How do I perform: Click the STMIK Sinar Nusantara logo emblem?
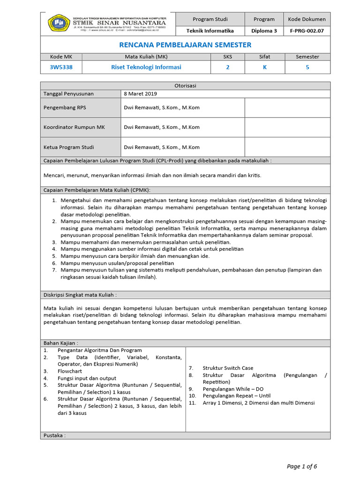click(59, 23)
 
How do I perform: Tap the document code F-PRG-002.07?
click(307, 31)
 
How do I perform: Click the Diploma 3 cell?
click(264, 31)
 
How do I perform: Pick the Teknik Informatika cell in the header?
click(210, 31)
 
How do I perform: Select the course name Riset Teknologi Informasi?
click(146, 67)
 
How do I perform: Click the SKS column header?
click(228, 57)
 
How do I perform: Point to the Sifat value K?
click(264, 67)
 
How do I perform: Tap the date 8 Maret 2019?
click(140, 94)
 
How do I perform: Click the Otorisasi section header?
click(185, 85)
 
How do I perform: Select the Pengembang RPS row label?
click(65, 107)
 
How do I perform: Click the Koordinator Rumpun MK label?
click(74, 127)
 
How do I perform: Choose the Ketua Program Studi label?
click(69, 147)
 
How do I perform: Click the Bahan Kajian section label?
click(61, 343)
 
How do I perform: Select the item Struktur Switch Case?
click(228, 368)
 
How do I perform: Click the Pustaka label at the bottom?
click(54, 435)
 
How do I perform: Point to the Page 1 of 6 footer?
click(302, 466)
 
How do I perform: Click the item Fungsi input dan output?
click(87, 378)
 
